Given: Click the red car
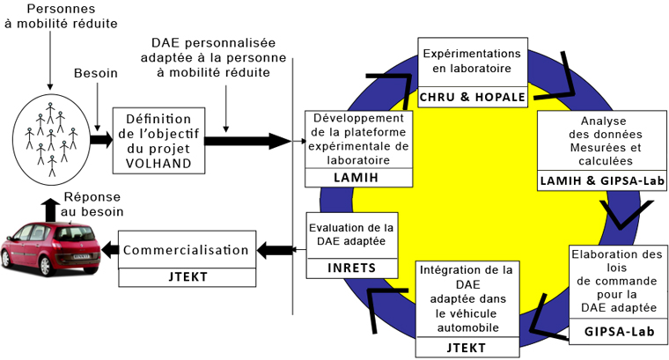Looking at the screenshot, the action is click(x=50, y=248).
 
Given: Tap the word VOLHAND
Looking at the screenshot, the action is click(x=158, y=163).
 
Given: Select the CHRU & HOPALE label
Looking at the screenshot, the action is click(x=473, y=97).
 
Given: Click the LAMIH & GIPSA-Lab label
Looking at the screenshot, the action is click(x=602, y=180).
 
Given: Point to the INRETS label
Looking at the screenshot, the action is click(x=352, y=268).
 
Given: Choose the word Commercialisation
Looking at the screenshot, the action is click(x=186, y=250).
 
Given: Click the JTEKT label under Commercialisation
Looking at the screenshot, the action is click(x=187, y=277).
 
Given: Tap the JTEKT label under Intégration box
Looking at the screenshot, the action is click(x=467, y=348).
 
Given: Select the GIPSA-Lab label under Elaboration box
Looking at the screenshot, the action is click(x=619, y=332).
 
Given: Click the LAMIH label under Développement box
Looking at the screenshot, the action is click(x=357, y=177).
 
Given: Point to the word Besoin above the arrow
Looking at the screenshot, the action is click(x=96, y=73).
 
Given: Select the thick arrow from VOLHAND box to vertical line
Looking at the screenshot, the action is click(x=248, y=141).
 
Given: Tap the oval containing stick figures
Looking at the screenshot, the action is click(x=52, y=139).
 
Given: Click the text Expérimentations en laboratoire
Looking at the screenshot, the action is click(x=472, y=61).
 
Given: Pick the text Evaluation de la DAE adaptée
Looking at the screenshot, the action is click(x=351, y=234).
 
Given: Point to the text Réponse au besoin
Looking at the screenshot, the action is click(x=92, y=204).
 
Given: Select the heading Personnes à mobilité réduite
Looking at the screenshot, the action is click(x=61, y=16).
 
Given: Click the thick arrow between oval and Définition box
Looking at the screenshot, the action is click(x=101, y=140).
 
